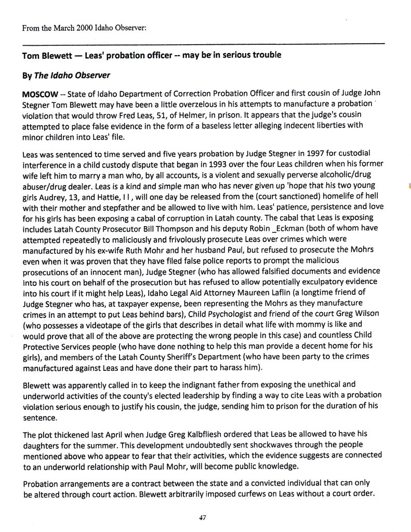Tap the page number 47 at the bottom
tap(203, 517)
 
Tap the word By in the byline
tap(26, 75)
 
